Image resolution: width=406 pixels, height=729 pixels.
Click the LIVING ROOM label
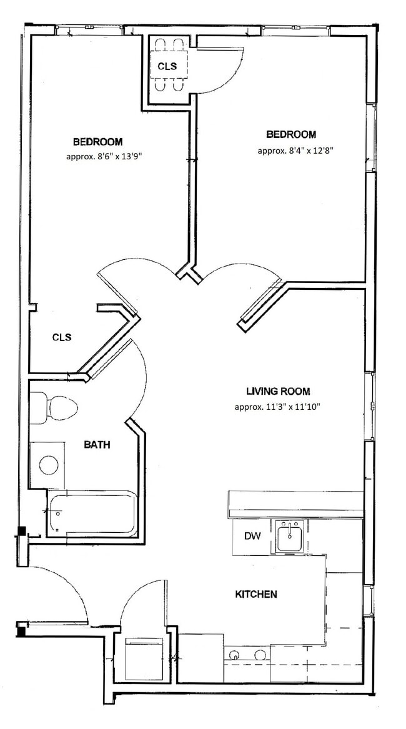pos(278,392)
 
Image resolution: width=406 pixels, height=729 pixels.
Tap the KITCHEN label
pos(256,594)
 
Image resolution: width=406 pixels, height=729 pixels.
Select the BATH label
pos(97,445)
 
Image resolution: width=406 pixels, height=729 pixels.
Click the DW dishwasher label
pos(251,537)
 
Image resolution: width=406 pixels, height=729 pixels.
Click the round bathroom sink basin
pos(49,464)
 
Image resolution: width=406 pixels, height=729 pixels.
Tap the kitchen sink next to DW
pos(290,538)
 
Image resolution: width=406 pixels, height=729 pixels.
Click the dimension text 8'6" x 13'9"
pos(104,157)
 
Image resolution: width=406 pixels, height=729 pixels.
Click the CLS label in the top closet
pos(167,66)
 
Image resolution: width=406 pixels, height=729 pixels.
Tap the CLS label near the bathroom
pos(62,337)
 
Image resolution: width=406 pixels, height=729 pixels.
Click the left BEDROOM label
pos(97,142)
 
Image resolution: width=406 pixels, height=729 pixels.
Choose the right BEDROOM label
pos(291,134)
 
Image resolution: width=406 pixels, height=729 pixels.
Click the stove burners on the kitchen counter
pos(247,655)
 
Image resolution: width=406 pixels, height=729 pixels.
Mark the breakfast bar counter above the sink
pos(295,504)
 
